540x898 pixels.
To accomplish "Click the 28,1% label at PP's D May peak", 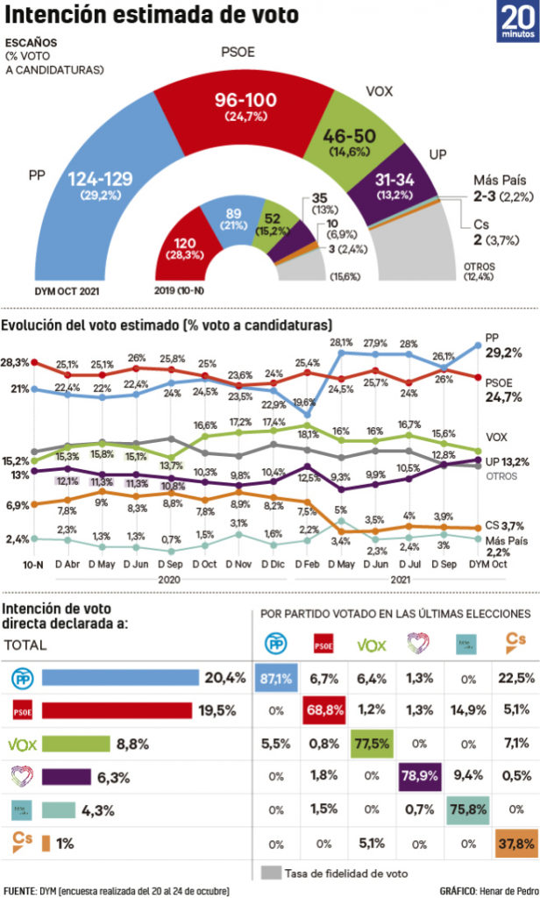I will coord(341,342).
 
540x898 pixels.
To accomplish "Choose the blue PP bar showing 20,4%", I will coord(120,677).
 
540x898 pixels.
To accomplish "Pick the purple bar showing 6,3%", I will coord(67,752).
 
